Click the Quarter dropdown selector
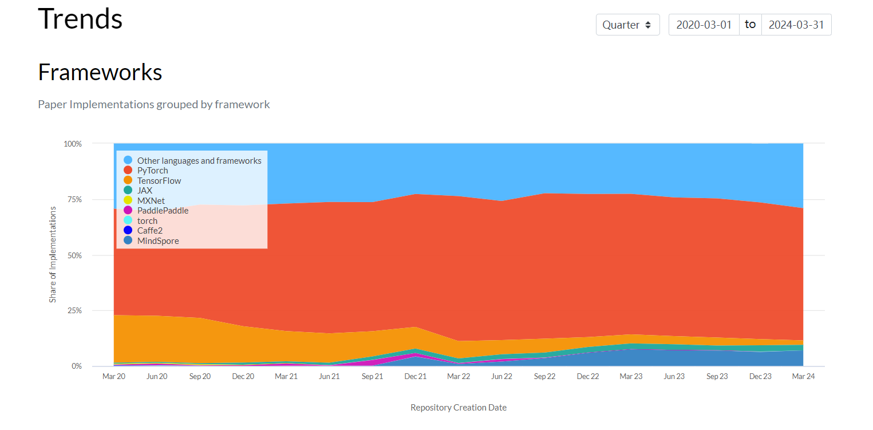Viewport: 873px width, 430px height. pyautogui.click(x=627, y=25)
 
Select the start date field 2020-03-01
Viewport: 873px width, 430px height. pyautogui.click(x=704, y=25)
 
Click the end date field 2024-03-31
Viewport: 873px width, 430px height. pyautogui.click(x=796, y=25)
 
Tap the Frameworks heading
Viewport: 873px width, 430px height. pyautogui.click(x=100, y=72)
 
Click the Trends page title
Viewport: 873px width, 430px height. pyautogui.click(x=80, y=18)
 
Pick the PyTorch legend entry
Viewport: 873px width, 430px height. pyautogui.click(x=146, y=171)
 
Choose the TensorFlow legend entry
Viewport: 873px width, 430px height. pyautogui.click(x=152, y=180)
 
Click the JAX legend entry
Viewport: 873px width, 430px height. pyautogui.click(x=138, y=190)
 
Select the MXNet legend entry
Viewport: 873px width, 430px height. pyautogui.click(x=144, y=200)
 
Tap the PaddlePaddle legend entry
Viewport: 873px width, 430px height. pyautogui.click(x=156, y=211)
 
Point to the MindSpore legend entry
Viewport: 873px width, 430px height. pyautogui.click(x=151, y=240)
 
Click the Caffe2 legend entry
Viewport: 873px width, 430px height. pyautogui.click(x=143, y=230)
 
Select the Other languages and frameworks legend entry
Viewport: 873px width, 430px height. pyautogui.click(x=192, y=161)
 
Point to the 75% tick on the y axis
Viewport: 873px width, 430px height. pyautogui.click(x=74, y=200)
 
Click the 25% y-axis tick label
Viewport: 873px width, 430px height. pyautogui.click(x=74, y=311)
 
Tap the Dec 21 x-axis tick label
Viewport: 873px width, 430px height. pyautogui.click(x=416, y=376)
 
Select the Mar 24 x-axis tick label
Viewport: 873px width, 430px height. pyautogui.click(x=803, y=376)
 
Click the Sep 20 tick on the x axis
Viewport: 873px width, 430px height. pyautogui.click(x=200, y=376)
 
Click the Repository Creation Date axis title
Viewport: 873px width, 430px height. pyautogui.click(x=459, y=408)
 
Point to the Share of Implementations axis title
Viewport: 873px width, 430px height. pyautogui.click(x=53, y=255)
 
